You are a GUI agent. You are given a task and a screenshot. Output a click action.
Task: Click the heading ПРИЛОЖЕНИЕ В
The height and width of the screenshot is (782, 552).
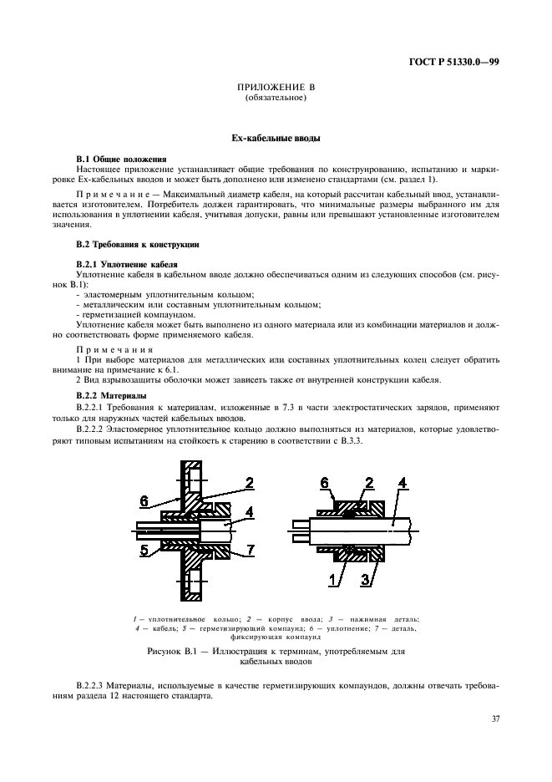(x=275, y=87)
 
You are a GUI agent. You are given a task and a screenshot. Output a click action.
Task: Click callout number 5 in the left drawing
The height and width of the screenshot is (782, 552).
(x=144, y=551)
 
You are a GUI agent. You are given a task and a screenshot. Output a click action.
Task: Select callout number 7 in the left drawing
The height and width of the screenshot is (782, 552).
(x=250, y=551)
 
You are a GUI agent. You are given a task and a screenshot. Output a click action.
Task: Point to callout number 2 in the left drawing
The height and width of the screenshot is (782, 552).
(x=250, y=482)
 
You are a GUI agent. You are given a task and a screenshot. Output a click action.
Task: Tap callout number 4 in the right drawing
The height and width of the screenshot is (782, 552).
(x=402, y=482)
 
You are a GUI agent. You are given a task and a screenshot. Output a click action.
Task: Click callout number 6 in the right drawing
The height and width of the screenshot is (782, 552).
(x=325, y=482)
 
